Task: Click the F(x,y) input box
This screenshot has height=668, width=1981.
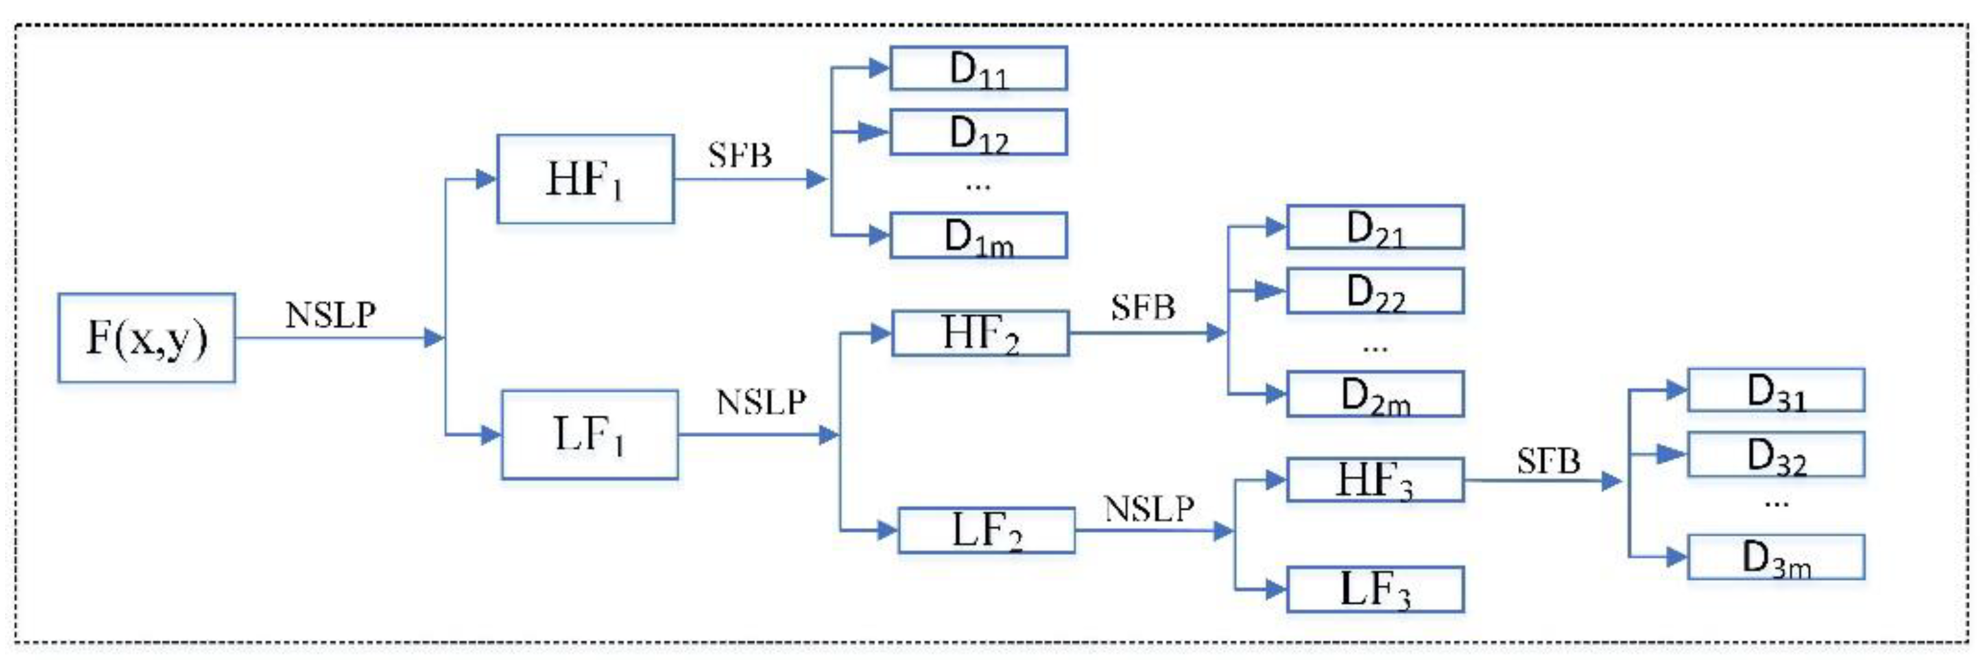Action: click(x=146, y=337)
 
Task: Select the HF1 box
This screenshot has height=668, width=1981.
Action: click(x=585, y=179)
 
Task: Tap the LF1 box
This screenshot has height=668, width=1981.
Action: click(x=589, y=434)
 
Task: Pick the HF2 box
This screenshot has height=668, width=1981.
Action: click(x=979, y=333)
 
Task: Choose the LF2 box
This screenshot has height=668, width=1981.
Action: click(x=986, y=530)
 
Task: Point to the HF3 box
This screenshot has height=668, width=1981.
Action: click(x=1374, y=480)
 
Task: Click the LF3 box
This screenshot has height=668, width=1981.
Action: click(x=1374, y=590)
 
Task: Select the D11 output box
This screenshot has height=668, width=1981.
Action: click(x=978, y=68)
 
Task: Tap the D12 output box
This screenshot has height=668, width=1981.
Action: click(x=978, y=131)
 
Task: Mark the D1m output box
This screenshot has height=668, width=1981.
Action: click(x=978, y=236)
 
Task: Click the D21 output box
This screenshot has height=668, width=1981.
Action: click(x=1374, y=227)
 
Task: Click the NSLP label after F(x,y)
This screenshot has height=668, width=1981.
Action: click(x=331, y=314)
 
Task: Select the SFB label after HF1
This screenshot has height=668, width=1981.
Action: click(x=739, y=156)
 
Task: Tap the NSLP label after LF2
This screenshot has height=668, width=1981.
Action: click(x=1149, y=509)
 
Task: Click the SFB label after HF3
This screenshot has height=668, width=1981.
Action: click(x=1548, y=461)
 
